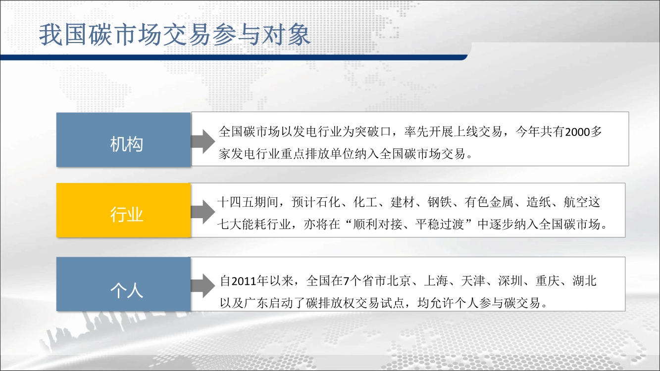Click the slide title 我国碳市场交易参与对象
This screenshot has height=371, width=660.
tap(175, 35)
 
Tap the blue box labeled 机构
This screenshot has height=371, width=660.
tap(124, 140)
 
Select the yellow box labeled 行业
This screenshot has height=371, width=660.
tap(124, 210)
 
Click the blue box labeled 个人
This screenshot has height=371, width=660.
tap(124, 284)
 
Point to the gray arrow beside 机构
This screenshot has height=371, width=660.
tap(203, 141)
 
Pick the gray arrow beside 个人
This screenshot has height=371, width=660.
tap(203, 285)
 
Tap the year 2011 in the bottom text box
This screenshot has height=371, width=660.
tap(244, 281)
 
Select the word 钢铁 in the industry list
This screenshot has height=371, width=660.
tap(440, 202)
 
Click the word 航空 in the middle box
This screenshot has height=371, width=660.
tap(576, 202)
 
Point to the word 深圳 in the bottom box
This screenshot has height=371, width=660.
tap(510, 281)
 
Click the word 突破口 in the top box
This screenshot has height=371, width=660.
tap(373, 132)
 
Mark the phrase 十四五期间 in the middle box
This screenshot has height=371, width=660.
tap(248, 202)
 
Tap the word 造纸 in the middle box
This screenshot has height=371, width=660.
tap(539, 202)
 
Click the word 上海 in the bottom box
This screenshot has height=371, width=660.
tap(436, 281)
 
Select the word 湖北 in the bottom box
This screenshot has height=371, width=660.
tap(585, 281)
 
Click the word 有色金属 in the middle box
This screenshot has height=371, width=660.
tap(489, 202)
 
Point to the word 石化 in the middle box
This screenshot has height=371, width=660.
tap(329, 202)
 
